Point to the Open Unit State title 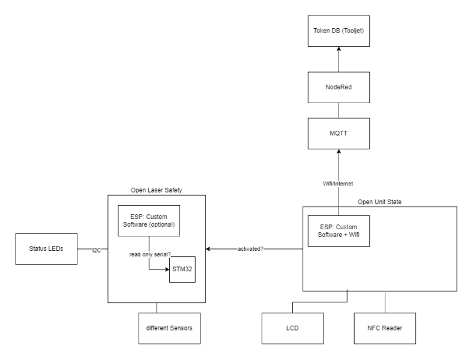pos(380,200)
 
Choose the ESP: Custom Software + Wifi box pos(338,231)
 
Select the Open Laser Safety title pos(156,190)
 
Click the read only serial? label pos(148,254)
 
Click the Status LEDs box pos(47,249)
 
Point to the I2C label pos(96,249)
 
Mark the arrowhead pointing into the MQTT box pos(338,153)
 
